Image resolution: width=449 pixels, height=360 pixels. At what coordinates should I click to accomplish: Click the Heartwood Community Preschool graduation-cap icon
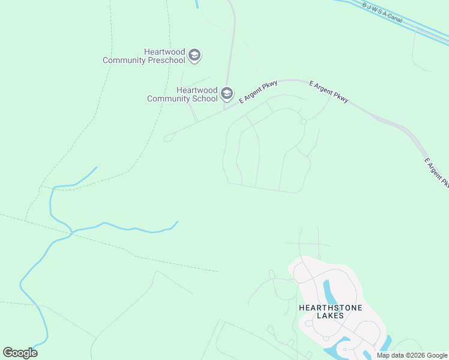(x=194, y=56)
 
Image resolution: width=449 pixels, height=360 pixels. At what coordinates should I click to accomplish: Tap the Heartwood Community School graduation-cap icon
(x=227, y=94)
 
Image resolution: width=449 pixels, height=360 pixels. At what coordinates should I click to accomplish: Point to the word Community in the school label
(x=169, y=98)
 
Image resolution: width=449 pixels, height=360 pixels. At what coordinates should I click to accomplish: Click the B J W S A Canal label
(x=382, y=11)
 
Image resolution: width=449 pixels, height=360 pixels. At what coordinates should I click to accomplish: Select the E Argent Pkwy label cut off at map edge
(x=436, y=172)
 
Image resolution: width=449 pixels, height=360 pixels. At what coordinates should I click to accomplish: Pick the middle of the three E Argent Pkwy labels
(x=328, y=91)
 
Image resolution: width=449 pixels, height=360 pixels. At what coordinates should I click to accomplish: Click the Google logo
(x=20, y=353)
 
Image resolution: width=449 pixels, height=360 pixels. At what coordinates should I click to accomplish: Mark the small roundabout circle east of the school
(x=304, y=122)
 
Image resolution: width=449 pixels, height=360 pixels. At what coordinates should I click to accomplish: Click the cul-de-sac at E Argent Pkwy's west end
(x=167, y=138)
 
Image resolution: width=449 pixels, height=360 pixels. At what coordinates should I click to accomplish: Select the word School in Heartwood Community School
(x=204, y=98)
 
